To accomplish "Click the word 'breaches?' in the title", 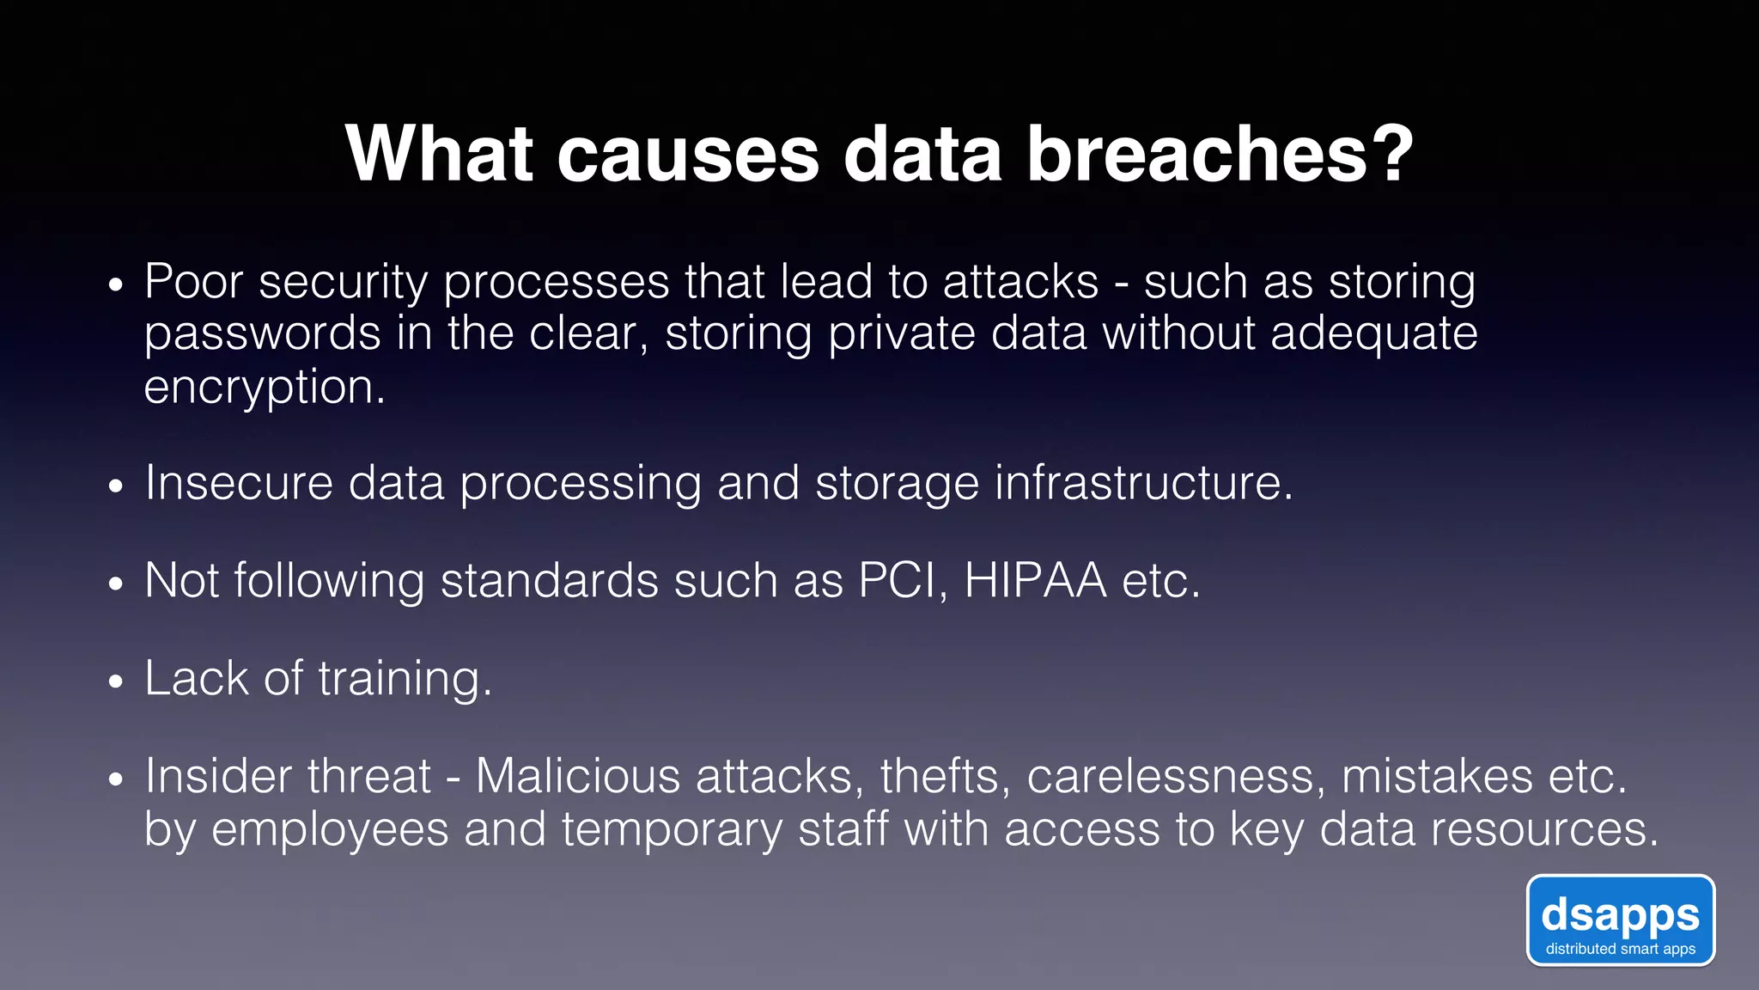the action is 1220,155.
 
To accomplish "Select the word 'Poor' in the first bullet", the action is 193,282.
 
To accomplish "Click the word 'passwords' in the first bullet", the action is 262,335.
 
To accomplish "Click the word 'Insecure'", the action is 238,483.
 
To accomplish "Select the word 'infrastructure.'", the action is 1143,483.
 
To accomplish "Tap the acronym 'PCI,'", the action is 903,581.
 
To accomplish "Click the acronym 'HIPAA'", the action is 1035,581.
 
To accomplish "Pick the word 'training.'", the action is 405,679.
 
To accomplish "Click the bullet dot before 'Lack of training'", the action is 117,682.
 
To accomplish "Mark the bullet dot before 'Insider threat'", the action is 117,780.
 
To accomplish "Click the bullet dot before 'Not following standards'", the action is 117,584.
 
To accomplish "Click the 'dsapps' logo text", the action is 1620,914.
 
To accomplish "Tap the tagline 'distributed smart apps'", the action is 1620,950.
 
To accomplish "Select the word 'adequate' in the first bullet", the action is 1373,335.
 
